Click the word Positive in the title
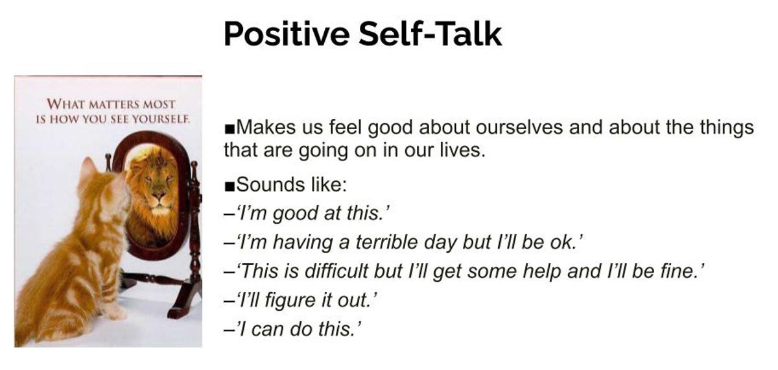(x=287, y=34)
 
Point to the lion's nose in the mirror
(x=159, y=196)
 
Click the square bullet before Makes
(x=230, y=129)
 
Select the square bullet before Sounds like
(x=230, y=187)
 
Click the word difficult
(x=336, y=271)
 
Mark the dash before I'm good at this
(x=230, y=214)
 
